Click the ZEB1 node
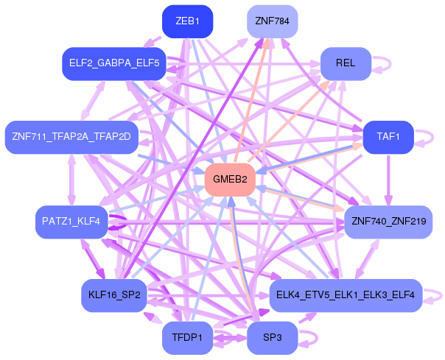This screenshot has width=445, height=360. click(x=187, y=21)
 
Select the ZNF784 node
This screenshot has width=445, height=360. click(x=272, y=21)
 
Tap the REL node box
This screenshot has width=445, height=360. click(x=345, y=63)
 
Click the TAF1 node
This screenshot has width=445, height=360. click(x=388, y=137)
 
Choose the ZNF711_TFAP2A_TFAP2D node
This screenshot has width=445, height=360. click(x=71, y=137)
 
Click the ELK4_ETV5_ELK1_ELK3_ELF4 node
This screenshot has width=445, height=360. click(x=345, y=294)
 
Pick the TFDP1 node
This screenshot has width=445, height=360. click(x=187, y=337)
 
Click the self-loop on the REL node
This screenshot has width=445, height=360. click(x=382, y=63)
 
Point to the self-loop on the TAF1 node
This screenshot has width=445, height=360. click(x=424, y=137)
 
